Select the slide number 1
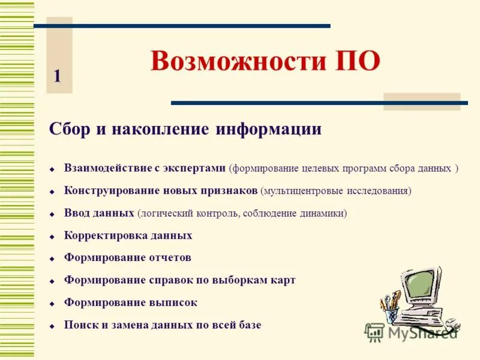[x=57, y=76]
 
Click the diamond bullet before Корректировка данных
[x=52, y=237]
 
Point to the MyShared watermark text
[x=420, y=332]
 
